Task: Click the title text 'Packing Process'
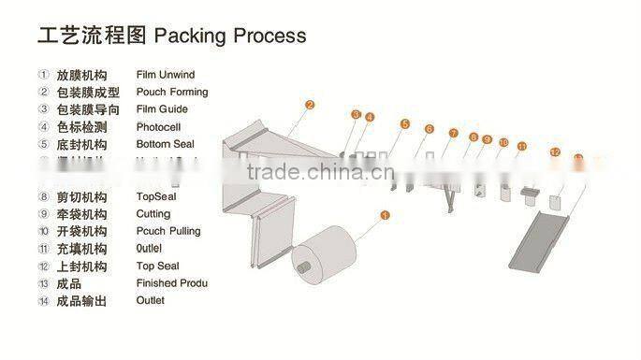pos(230,36)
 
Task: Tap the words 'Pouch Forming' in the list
pos(172,92)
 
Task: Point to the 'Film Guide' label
pos(162,109)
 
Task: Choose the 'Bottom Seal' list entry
pos(165,145)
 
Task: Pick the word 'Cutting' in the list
pos(154,214)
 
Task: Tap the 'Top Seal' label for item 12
pos(160,266)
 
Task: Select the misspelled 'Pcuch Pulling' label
pos(168,231)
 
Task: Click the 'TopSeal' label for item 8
pos(156,197)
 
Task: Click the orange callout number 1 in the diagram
pos(383,215)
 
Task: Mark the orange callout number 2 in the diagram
pos(310,105)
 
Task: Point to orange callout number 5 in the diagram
pos(405,124)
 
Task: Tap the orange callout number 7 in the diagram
pos(453,134)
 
